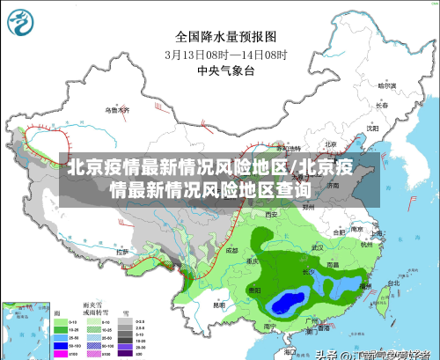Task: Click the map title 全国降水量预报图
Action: [225, 37]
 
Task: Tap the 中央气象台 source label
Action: [225, 70]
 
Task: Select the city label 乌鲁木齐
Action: [117, 111]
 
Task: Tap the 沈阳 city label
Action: [372, 129]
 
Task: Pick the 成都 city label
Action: [231, 250]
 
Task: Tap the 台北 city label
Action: [383, 284]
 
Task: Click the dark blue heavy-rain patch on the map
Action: [284, 304]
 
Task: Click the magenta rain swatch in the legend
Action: [61, 354]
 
